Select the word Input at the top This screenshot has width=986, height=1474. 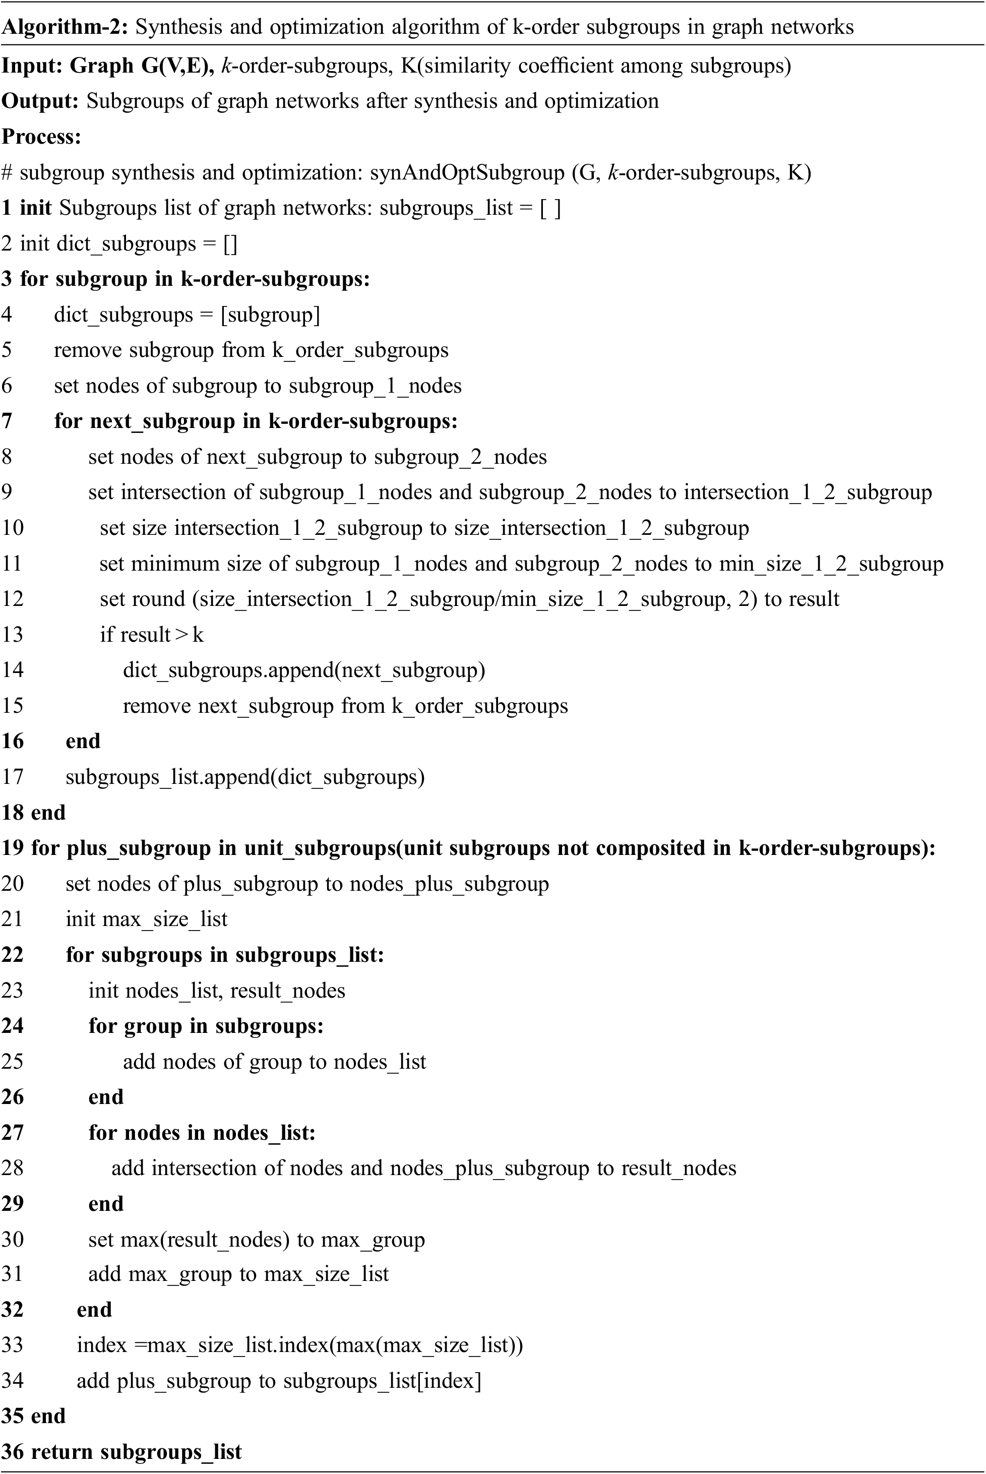pyautogui.click(x=31, y=66)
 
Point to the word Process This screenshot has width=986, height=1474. pyautogui.click(x=41, y=137)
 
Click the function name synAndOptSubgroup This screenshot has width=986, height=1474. pyautogui.click(x=467, y=172)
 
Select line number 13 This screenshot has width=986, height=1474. pyautogui.click(x=13, y=635)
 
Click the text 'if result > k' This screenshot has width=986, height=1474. pyautogui.click(x=152, y=635)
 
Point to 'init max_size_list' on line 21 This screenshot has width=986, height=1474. pyautogui.click(x=147, y=919)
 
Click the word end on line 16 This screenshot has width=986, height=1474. pyautogui.click(x=83, y=741)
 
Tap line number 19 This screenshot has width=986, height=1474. pyautogui.click(x=13, y=848)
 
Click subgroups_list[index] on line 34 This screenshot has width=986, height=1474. pyautogui.click(x=382, y=1380)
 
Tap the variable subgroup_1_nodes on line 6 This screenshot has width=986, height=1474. pyautogui.click(x=375, y=386)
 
